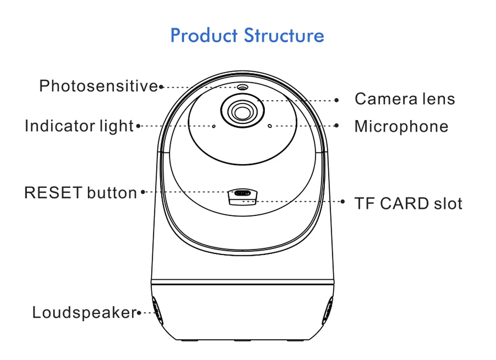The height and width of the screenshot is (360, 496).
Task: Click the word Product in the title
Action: click(204, 36)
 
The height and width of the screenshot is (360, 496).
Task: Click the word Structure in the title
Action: click(284, 36)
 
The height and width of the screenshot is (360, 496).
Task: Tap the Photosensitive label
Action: click(98, 86)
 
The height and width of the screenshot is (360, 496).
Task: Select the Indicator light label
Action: click(79, 126)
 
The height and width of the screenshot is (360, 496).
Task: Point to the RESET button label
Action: click(80, 192)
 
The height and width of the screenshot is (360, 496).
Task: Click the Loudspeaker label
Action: click(84, 312)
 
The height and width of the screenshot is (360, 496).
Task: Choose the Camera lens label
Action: click(405, 99)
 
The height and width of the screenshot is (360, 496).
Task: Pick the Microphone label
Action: click(401, 126)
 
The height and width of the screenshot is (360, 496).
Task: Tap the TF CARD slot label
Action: click(408, 203)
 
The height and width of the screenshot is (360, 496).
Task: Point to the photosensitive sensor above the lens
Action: click(242, 88)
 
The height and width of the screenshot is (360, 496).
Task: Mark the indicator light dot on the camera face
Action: click(214, 126)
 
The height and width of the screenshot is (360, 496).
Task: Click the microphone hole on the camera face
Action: click(270, 126)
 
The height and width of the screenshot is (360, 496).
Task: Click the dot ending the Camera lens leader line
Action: click(337, 100)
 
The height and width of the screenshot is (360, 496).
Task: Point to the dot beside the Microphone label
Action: click(337, 126)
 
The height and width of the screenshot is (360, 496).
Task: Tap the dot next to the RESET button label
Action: click(143, 192)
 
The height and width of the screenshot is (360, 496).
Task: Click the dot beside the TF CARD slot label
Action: click(344, 201)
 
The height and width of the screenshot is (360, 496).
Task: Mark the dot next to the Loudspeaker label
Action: click(138, 313)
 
